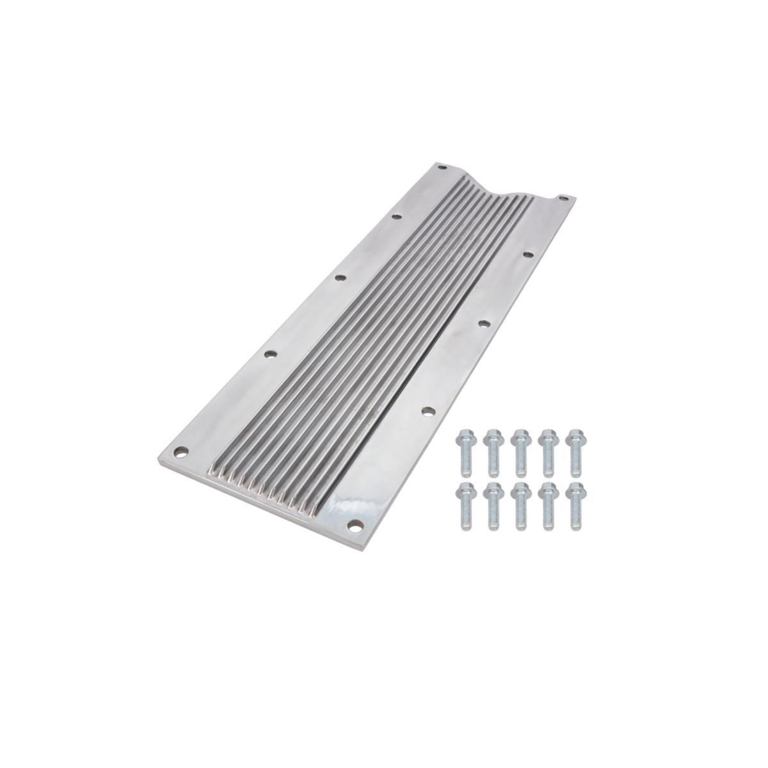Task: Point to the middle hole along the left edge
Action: coord(340,278)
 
